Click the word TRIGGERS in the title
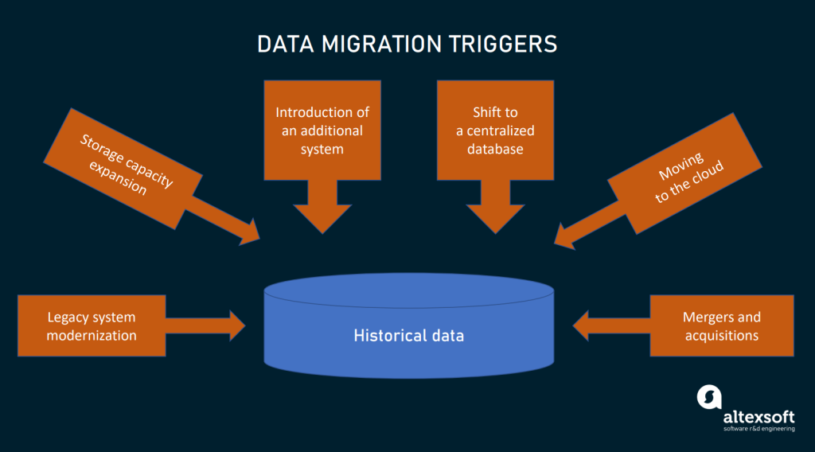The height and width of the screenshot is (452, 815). (x=507, y=44)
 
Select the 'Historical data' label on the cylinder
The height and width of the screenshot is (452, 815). (x=408, y=335)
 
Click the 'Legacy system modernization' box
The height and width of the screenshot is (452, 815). (x=92, y=325)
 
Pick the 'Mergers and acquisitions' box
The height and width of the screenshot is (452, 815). (x=722, y=325)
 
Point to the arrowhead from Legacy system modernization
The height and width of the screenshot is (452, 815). (x=236, y=325)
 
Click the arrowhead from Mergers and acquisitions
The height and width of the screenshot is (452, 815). (x=583, y=325)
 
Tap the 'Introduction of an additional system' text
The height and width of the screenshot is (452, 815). (x=322, y=130)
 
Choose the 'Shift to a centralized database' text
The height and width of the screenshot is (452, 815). (x=495, y=130)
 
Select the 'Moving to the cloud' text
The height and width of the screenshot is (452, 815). (x=685, y=175)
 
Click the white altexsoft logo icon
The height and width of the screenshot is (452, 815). (x=708, y=398)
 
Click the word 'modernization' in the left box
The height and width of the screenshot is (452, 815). (x=92, y=335)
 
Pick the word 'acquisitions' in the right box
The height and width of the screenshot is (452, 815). (x=722, y=335)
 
